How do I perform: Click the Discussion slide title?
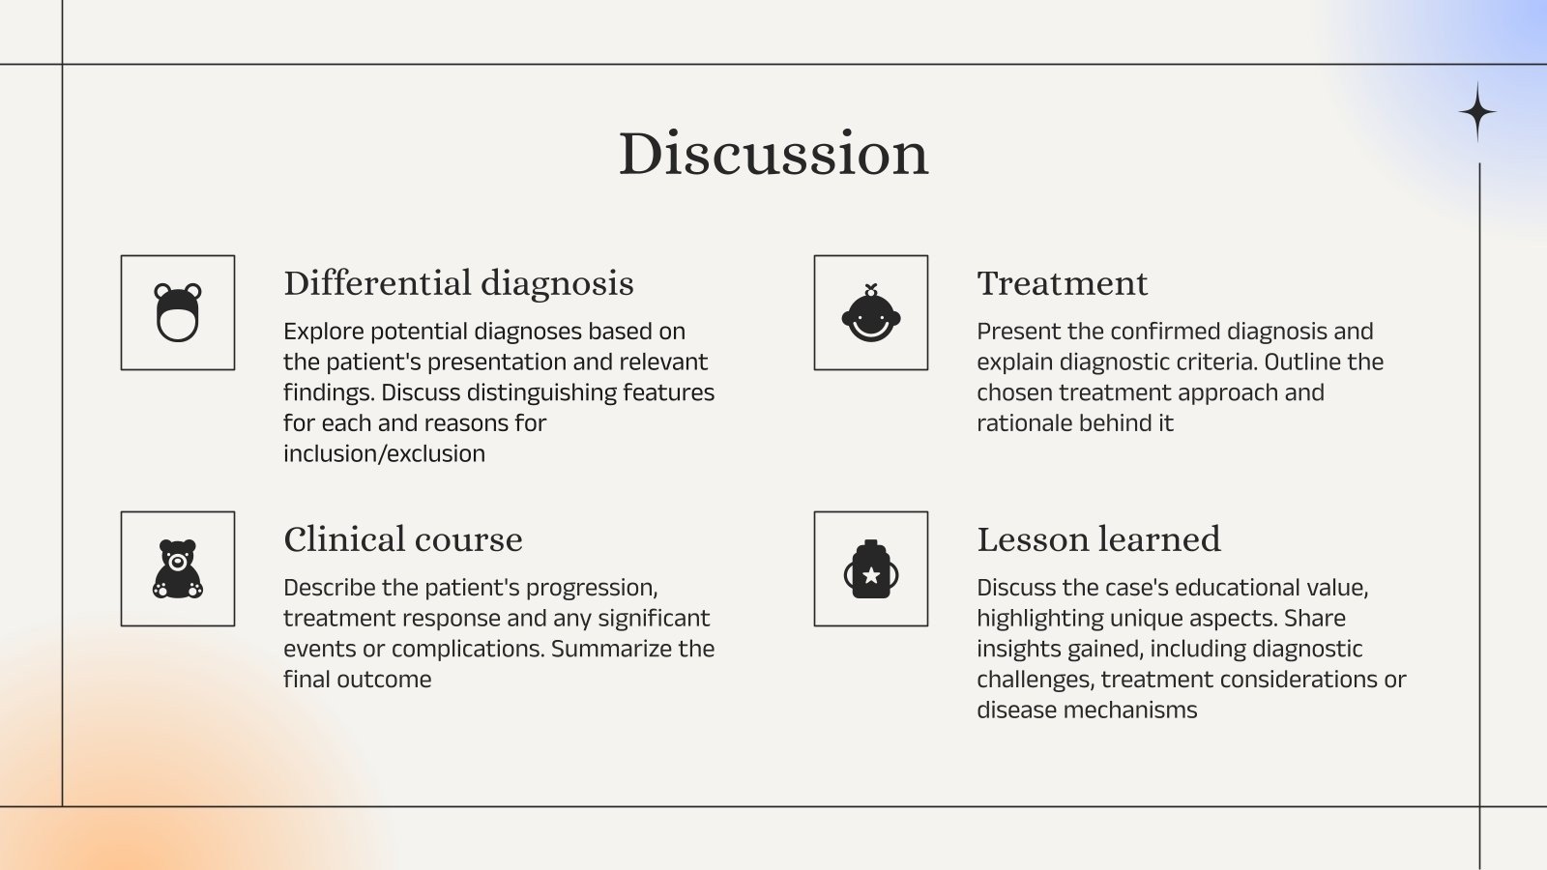point(773,154)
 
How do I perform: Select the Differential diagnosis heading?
point(458,283)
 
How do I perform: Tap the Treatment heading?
point(1062,283)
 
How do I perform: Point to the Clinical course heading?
point(402,539)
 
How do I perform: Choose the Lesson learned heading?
point(1098,539)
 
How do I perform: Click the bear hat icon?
point(178,313)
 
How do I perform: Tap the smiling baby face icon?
point(870,313)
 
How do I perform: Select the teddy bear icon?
point(178,569)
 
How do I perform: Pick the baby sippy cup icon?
point(870,569)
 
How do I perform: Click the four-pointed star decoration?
point(1477,112)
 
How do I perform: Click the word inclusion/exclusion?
point(384,453)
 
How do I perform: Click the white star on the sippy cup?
point(870,576)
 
